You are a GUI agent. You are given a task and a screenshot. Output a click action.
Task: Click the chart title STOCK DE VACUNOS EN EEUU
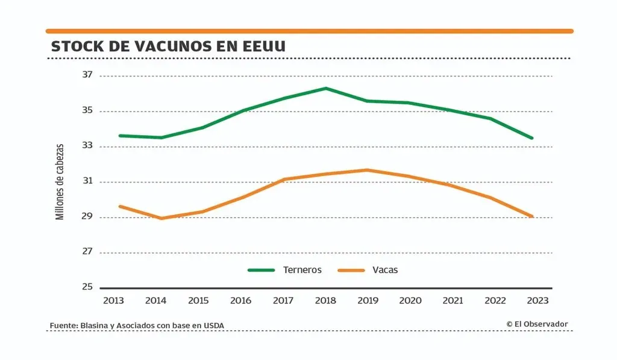(168, 46)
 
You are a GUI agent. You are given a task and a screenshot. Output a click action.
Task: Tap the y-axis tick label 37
(88, 75)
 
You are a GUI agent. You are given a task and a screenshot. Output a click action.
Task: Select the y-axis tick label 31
(88, 182)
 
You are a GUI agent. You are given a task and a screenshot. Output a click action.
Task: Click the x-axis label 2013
(114, 300)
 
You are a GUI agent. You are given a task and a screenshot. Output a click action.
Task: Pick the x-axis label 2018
(325, 300)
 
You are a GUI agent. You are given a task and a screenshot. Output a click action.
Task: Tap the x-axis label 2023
(538, 300)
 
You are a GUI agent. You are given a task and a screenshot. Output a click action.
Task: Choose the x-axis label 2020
(410, 300)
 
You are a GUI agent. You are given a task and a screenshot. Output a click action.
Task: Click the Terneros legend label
(302, 270)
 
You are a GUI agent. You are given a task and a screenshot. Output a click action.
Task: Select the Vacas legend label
(385, 270)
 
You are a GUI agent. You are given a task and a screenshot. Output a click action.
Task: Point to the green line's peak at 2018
(325, 89)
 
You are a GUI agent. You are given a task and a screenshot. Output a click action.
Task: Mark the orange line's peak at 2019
(368, 170)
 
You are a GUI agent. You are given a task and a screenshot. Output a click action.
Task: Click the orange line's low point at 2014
(161, 218)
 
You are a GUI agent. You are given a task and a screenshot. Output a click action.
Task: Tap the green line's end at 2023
(532, 138)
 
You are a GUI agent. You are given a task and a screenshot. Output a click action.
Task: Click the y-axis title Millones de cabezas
(60, 181)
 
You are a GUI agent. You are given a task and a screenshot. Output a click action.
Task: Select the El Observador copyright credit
(537, 324)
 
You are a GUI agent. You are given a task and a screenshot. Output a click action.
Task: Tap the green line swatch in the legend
(261, 270)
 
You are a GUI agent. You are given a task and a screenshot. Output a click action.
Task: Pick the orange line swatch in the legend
(351, 270)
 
